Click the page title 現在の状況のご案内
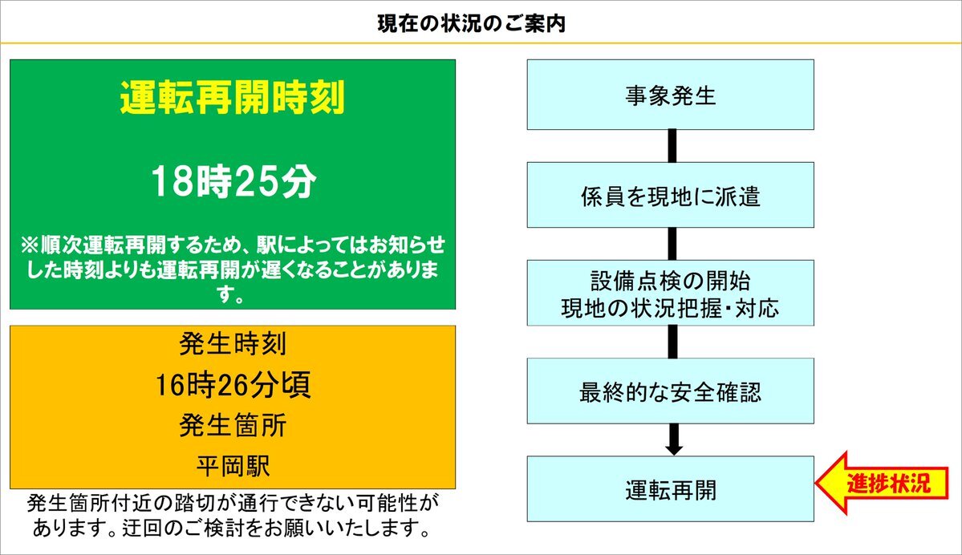click(x=471, y=24)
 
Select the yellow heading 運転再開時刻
click(x=233, y=98)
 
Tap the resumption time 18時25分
click(x=233, y=181)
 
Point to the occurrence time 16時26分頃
click(x=233, y=384)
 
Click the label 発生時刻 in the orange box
click(x=233, y=344)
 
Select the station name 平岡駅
click(x=233, y=466)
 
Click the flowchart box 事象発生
click(x=671, y=95)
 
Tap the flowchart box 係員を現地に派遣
click(x=671, y=195)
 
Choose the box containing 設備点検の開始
click(x=671, y=293)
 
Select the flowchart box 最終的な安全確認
click(x=671, y=391)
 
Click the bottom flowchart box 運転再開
click(x=671, y=488)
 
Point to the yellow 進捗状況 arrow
click(x=882, y=483)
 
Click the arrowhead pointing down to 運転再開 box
click(x=674, y=450)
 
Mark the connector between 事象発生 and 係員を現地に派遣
click(x=672, y=146)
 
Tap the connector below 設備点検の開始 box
click(x=672, y=342)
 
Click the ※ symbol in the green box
click(x=30, y=245)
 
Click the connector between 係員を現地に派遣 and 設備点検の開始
click(x=672, y=244)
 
